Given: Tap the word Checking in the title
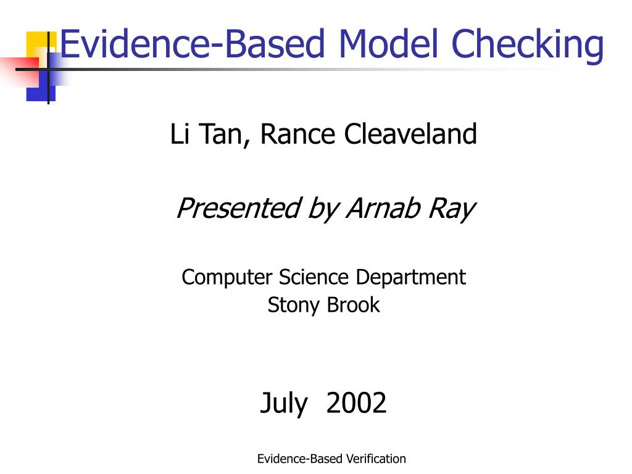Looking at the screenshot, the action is click(x=528, y=46).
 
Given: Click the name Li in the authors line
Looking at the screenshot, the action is click(x=180, y=133).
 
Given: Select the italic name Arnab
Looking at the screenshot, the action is click(x=383, y=208).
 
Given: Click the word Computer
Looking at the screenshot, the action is click(x=227, y=278).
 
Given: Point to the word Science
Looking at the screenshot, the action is click(x=314, y=277).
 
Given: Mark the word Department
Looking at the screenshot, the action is click(x=410, y=278).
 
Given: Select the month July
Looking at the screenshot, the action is click(x=284, y=404).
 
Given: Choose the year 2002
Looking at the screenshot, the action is click(x=356, y=402).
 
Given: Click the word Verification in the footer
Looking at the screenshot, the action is click(x=376, y=459).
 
